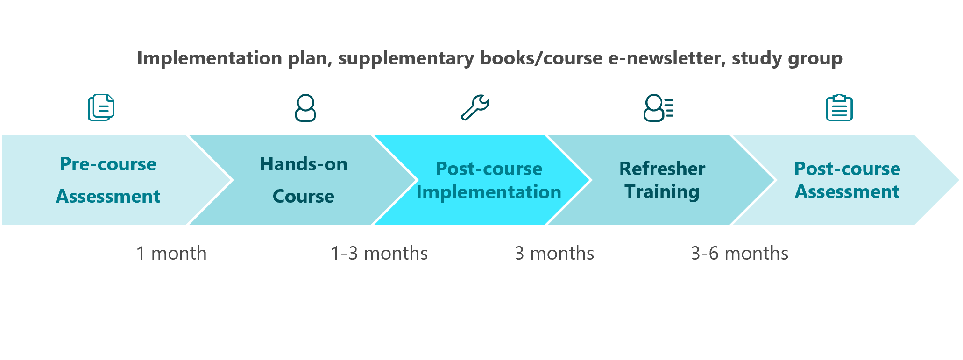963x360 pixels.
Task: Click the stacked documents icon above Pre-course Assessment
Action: (x=101, y=107)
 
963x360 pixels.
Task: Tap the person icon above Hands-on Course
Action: (x=305, y=108)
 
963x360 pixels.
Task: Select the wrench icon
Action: (x=475, y=107)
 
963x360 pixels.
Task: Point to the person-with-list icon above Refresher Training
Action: (x=659, y=108)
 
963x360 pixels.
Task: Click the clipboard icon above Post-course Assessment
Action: (x=839, y=108)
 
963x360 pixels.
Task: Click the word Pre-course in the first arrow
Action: (x=108, y=164)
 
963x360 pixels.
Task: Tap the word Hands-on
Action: (x=304, y=164)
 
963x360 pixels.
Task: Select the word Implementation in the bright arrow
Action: (x=489, y=192)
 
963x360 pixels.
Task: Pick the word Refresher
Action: (x=662, y=169)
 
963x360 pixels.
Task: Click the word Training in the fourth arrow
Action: (x=662, y=191)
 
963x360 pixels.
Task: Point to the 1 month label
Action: (x=171, y=253)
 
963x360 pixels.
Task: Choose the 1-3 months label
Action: (x=379, y=253)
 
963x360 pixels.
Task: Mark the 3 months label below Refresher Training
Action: (x=554, y=253)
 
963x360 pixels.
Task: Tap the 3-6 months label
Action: (x=740, y=253)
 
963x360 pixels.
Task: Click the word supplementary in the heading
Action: (x=406, y=58)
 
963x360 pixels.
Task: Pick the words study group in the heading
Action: (x=787, y=58)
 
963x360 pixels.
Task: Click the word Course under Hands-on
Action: (x=304, y=196)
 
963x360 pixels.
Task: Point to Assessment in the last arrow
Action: (x=847, y=191)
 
